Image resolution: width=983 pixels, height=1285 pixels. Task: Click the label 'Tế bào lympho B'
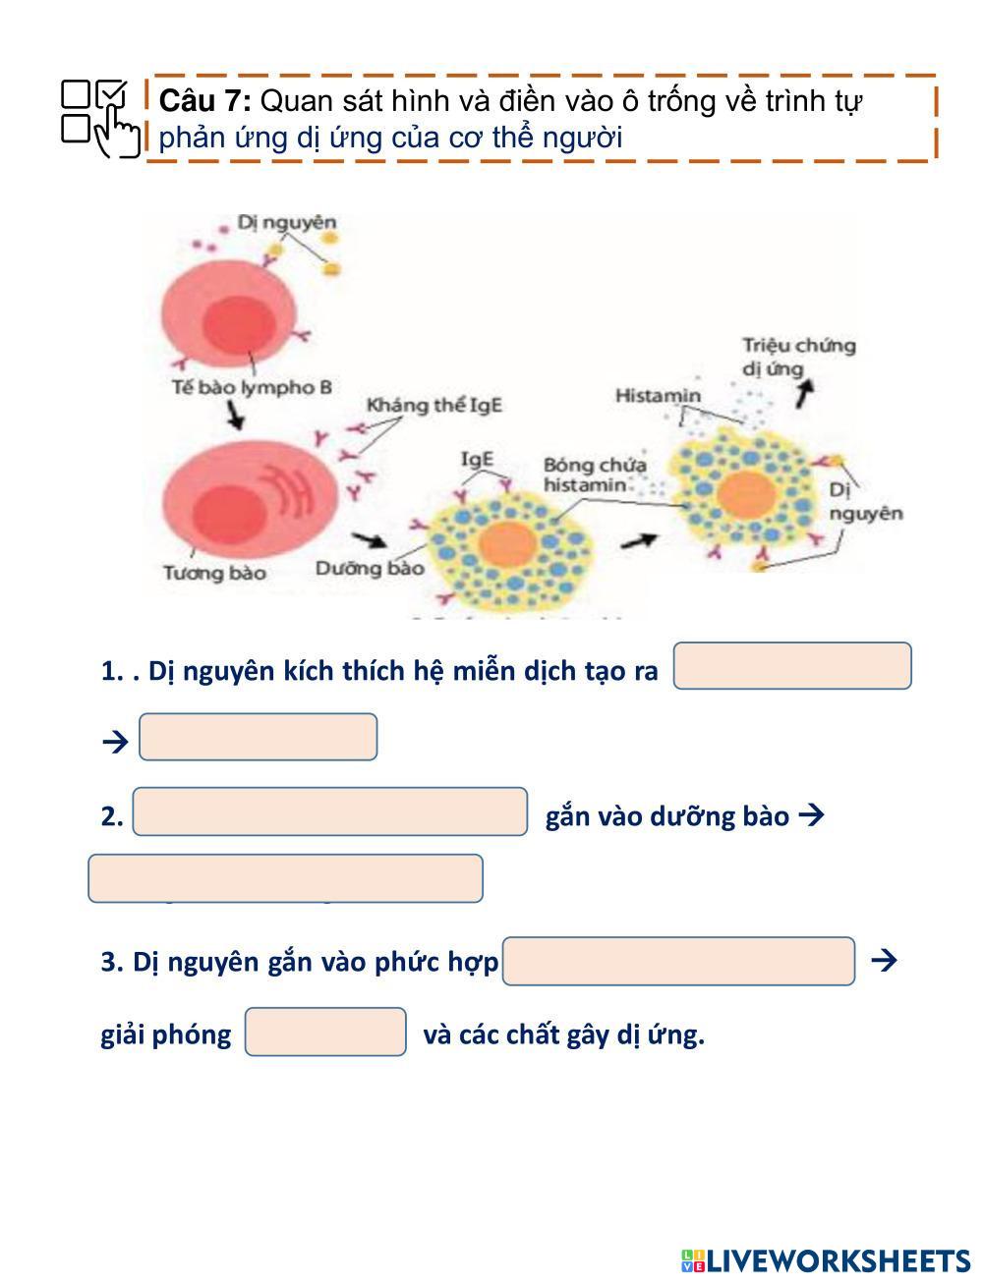coord(252,387)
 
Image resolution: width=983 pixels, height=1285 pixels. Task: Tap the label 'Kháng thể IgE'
coord(434,405)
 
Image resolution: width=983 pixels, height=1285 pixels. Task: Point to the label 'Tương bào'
coord(214,572)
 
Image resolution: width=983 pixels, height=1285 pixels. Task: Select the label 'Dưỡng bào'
coord(370,568)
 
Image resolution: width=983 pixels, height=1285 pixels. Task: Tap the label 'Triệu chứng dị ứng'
coord(797,357)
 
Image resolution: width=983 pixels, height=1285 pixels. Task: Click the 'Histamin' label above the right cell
coord(658,395)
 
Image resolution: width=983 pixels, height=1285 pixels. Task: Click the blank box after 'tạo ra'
coord(791,666)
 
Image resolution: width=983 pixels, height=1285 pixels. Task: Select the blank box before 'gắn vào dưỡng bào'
coord(329,811)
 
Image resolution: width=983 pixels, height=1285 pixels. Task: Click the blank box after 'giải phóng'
coord(324,1032)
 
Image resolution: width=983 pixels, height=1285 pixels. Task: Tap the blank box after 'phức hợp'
coord(678,961)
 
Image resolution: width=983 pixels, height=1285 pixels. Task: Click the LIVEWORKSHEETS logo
coord(825,1260)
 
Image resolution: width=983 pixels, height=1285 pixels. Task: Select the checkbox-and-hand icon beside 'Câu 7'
coord(100,118)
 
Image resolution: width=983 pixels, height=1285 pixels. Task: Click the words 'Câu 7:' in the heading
coord(204,101)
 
